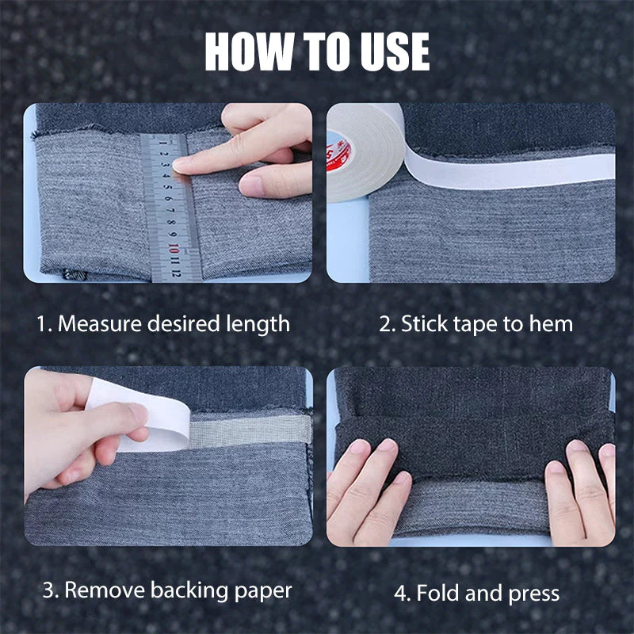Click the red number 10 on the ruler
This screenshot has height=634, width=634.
pos(174,246)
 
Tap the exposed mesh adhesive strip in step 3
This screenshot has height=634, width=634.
pos(250,430)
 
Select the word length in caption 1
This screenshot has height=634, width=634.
pos(258,323)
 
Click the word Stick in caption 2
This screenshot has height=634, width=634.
pos(422,323)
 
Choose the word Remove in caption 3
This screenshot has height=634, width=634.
pos(99,590)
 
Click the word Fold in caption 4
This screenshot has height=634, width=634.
pos(436,593)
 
